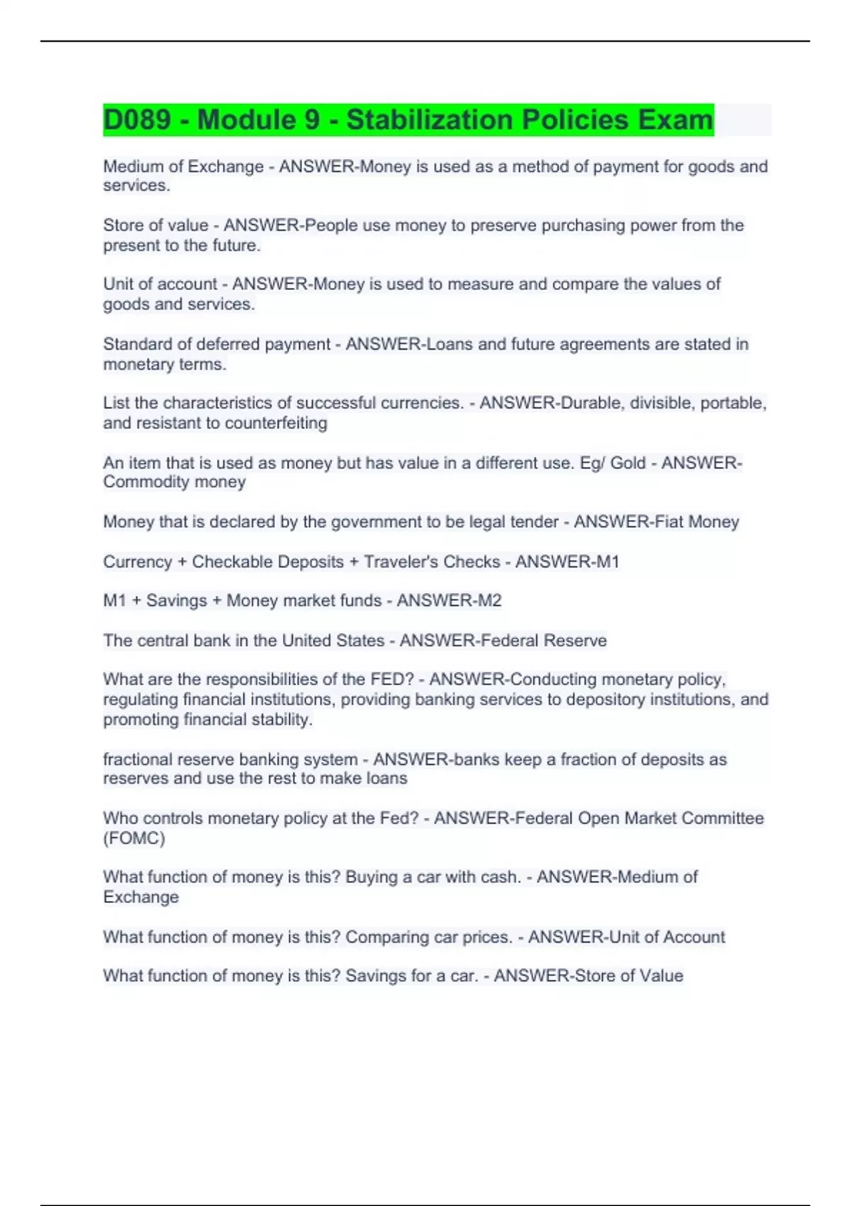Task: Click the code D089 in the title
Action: point(137,120)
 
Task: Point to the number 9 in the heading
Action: point(312,120)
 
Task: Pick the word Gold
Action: point(628,463)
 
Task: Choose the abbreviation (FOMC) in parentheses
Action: point(134,839)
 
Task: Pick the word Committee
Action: point(723,818)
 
